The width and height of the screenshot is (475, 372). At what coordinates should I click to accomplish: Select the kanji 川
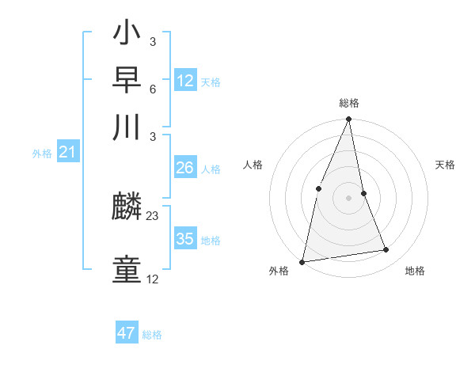coord(127,126)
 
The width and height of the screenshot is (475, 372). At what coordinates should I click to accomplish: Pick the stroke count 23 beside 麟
coord(153,215)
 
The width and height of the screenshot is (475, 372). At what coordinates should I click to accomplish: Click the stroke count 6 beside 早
coord(152,89)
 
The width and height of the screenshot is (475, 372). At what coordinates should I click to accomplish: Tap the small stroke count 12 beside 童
coord(153,279)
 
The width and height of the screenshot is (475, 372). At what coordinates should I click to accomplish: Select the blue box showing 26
coord(184,168)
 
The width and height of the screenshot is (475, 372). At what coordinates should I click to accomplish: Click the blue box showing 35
coord(184,239)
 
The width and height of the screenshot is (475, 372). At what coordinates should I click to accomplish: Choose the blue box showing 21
coord(66,153)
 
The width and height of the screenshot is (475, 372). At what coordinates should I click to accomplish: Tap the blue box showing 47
coord(126,333)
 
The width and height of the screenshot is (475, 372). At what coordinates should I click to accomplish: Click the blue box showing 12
coord(184,81)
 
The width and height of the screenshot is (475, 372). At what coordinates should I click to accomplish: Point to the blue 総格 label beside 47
coord(152,335)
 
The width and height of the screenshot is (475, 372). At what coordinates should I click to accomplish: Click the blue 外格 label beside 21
coord(41,154)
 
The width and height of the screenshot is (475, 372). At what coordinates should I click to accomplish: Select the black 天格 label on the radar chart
coord(445,165)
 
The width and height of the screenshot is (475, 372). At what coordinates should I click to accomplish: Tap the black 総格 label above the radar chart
coord(348,104)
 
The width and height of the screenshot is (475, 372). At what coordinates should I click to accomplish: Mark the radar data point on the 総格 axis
coord(348,120)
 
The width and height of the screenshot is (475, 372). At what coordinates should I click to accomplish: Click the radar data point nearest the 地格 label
coord(386,250)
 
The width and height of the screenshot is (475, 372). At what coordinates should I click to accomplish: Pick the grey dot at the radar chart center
coord(348,198)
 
